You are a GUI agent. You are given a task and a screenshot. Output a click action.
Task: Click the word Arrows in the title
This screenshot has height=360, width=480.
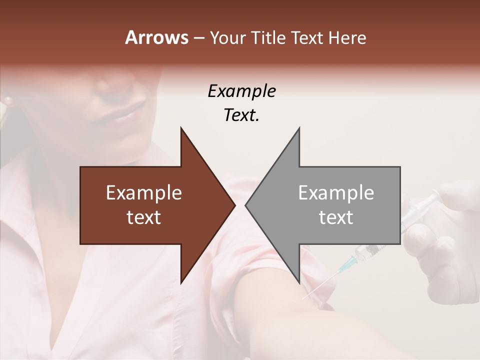tap(157, 37)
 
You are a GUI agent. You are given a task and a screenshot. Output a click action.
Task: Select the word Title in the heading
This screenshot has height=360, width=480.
tap(270, 38)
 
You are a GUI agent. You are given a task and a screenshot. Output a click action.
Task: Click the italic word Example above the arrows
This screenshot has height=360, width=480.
tap(241, 91)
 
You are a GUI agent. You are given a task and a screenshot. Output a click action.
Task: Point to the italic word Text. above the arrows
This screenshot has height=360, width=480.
tap(241, 115)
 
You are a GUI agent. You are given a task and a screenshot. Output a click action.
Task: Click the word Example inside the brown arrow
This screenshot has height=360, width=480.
tap(144, 193)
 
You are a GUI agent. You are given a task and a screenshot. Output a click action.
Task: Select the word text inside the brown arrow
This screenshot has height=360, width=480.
tap(144, 217)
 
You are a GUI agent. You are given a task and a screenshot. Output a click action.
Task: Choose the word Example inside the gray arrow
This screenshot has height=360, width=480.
tap(336, 193)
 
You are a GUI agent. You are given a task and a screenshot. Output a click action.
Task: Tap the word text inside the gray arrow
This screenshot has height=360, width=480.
tap(336, 217)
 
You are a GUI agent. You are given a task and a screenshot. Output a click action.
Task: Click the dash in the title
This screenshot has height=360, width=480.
tap(198, 38)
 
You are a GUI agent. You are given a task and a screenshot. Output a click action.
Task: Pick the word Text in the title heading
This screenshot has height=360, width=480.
tap(307, 38)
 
